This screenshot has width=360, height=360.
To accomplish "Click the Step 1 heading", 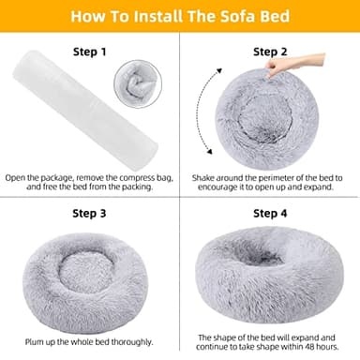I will (x=90, y=53).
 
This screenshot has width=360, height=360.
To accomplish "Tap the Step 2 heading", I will (x=269, y=53).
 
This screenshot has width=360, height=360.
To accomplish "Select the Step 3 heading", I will (x=90, y=213).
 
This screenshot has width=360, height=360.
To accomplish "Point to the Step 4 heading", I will (x=269, y=213).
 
